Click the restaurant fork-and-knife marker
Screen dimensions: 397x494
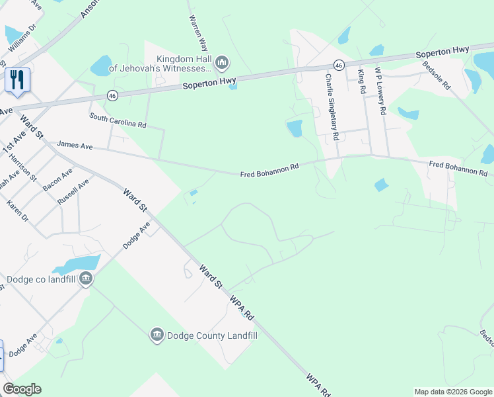(17, 80)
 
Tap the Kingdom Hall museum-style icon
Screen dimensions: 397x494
(222, 64)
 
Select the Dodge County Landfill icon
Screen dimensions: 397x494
(157, 335)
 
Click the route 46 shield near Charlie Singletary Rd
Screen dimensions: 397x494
(338, 65)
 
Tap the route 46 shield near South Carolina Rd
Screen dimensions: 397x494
(113, 96)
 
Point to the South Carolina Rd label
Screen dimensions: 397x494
(118, 120)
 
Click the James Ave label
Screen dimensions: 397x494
(75, 144)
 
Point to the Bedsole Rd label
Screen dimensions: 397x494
(437, 77)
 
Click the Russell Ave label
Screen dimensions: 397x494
(73, 192)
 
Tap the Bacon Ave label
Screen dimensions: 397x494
(57, 182)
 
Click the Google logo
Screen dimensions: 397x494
(22, 389)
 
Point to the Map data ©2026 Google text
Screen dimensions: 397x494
(452, 392)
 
